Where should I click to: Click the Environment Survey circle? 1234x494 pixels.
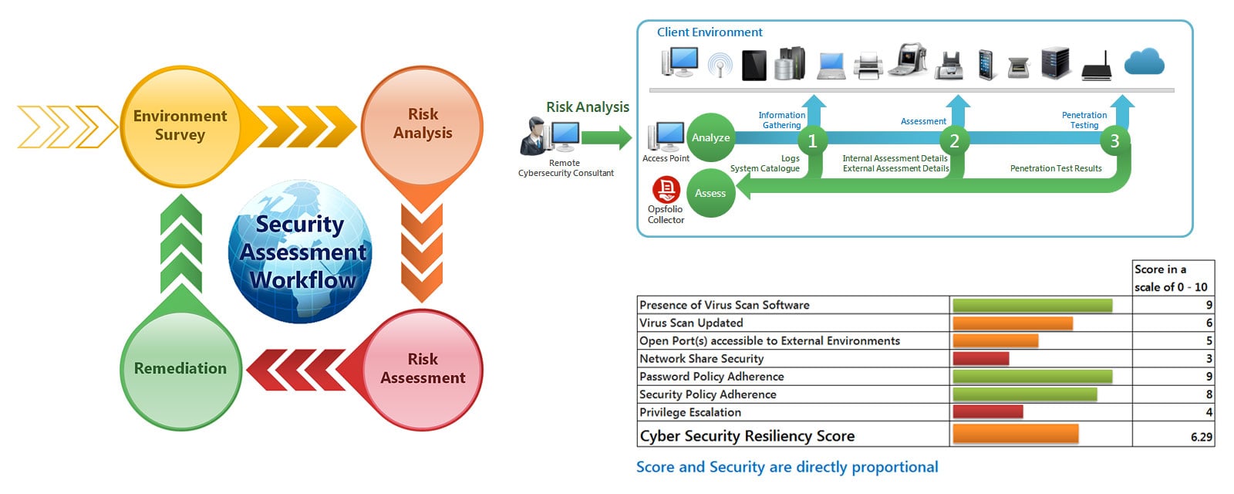click(180, 126)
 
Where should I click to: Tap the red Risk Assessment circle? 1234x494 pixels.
click(422, 369)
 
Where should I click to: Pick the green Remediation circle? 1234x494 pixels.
click(180, 369)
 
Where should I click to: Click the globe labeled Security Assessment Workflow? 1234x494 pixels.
click(301, 252)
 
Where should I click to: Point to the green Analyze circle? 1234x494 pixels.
click(710, 137)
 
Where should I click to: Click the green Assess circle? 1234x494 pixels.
click(710, 193)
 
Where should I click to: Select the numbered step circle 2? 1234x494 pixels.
click(954, 140)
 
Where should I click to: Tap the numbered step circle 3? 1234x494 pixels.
click(1114, 140)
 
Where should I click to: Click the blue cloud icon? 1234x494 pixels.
click(1144, 62)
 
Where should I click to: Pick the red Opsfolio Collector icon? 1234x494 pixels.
click(666, 189)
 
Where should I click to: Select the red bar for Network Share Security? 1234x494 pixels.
click(980, 359)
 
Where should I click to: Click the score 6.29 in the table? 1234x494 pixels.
click(1201, 437)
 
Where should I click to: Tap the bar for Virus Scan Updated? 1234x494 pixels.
click(1012, 323)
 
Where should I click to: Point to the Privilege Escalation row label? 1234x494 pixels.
click(690, 412)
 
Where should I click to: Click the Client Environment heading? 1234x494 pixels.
click(709, 32)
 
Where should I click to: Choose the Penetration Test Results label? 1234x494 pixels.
click(1055, 168)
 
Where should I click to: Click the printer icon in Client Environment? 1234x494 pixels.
click(868, 66)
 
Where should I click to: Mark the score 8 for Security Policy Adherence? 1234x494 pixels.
click(1209, 394)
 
